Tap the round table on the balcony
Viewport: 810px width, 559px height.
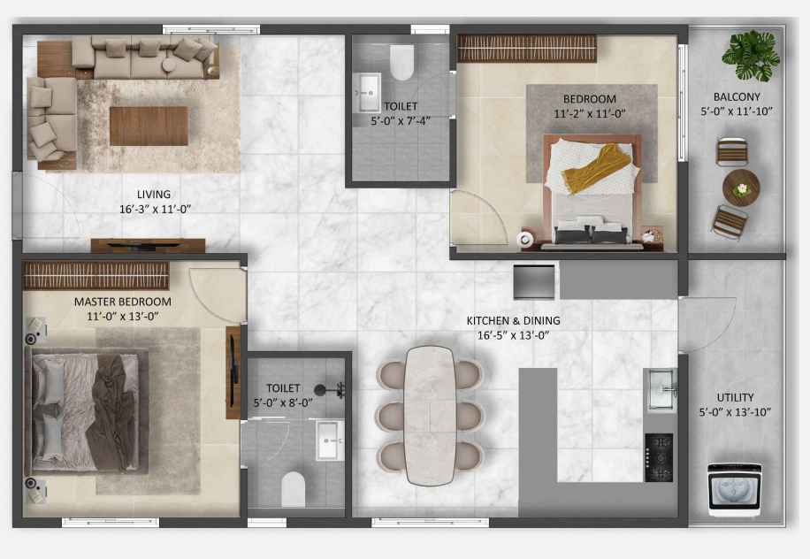741,188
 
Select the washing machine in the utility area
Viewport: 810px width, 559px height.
735,489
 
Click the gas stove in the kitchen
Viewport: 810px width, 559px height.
659,458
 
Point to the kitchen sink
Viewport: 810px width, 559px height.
661,390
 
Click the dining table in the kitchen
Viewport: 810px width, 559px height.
430,416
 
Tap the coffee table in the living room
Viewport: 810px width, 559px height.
149,126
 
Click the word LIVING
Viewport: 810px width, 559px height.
154,195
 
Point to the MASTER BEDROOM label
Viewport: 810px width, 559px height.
122,302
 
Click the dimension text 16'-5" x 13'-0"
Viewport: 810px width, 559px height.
513,335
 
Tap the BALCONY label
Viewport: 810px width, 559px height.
737,96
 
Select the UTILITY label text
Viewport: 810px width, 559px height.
735,397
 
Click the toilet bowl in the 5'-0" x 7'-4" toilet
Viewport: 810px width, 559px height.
401,62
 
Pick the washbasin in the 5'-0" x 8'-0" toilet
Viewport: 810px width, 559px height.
330,440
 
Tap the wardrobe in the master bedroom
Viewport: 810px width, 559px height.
96,275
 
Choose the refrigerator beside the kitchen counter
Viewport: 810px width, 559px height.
534,281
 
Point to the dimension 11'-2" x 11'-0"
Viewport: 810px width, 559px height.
590,114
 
